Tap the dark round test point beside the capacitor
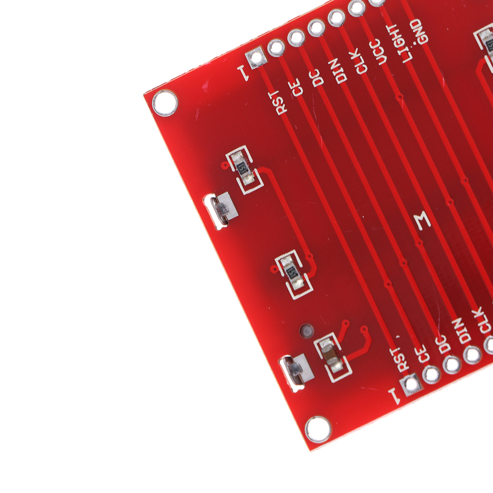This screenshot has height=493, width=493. point(307,331)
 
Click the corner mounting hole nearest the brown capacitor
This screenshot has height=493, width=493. point(318,429)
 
